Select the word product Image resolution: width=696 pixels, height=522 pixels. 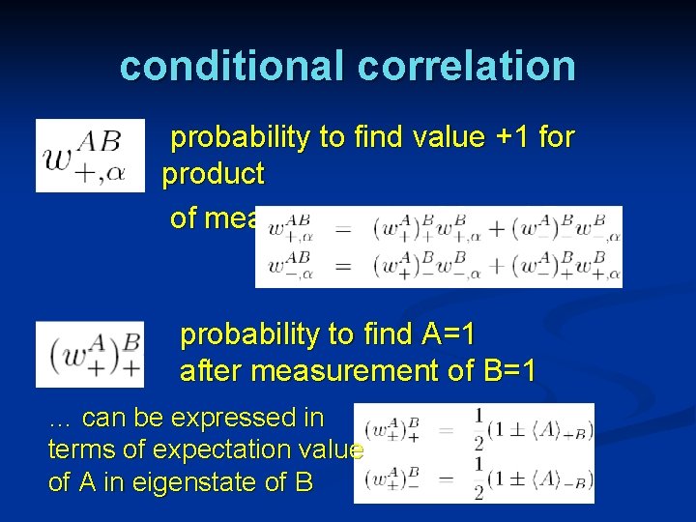pos(213,175)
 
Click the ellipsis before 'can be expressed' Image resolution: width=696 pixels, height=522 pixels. pos(60,420)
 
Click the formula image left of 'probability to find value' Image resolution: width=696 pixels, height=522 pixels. pos(90,155)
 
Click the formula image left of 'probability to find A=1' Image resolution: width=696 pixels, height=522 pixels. pos(90,354)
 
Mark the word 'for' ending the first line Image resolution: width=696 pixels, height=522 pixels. pos(556,138)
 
